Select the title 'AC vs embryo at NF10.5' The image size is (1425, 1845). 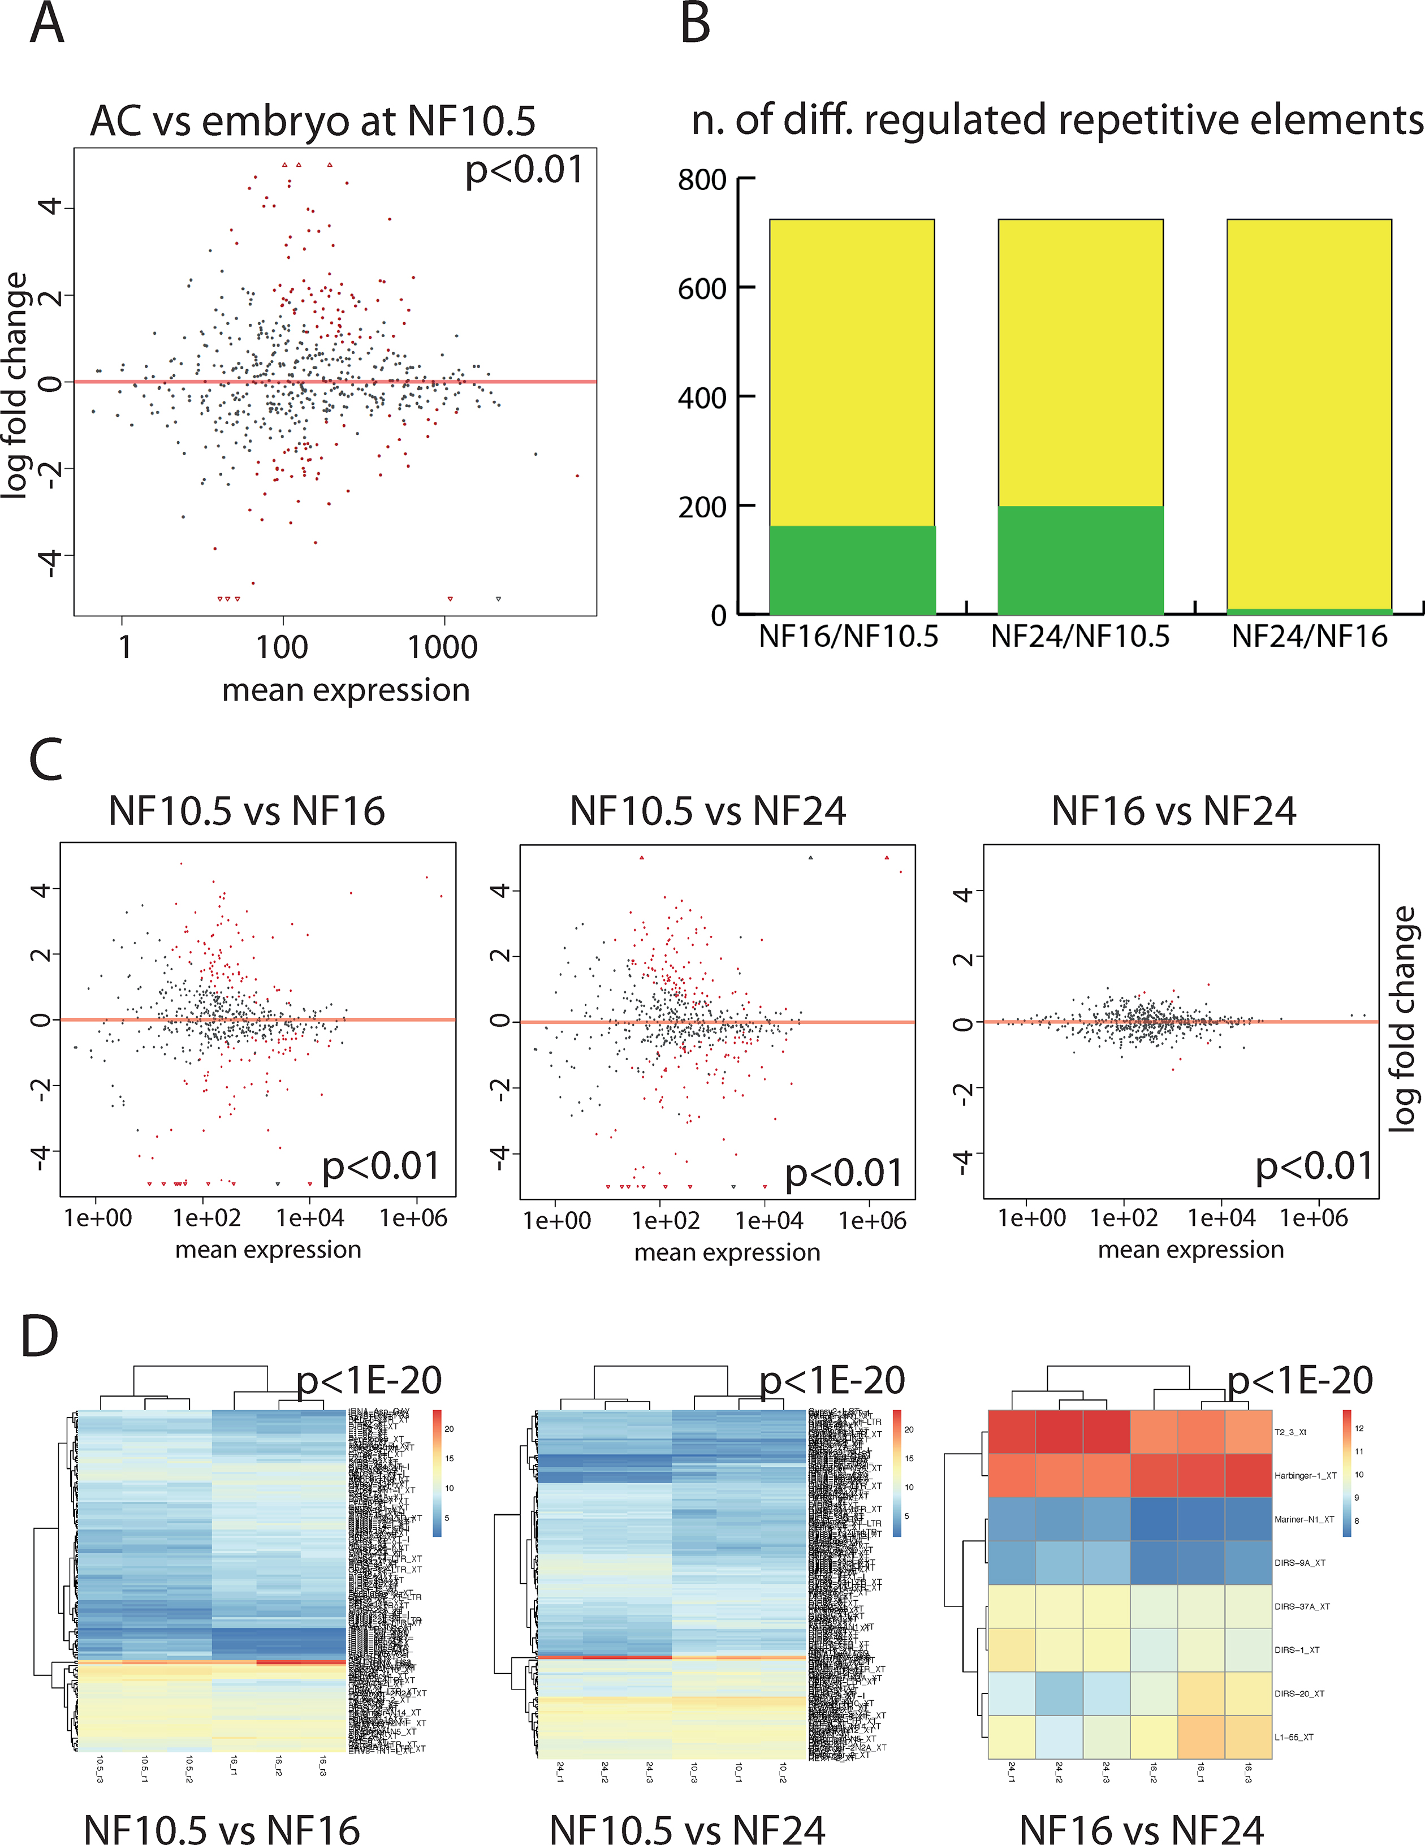point(313,121)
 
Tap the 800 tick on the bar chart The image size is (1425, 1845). point(702,180)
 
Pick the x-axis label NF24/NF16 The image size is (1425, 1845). point(1309,636)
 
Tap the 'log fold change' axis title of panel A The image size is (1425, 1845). point(15,385)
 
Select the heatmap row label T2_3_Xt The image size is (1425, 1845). point(1290,1432)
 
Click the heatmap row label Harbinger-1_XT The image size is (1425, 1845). point(1305,1476)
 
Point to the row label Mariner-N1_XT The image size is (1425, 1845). point(1304,1519)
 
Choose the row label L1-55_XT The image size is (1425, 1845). point(1294,1737)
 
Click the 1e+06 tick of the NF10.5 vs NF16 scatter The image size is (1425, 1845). point(413,1218)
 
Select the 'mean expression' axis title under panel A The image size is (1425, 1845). point(346,690)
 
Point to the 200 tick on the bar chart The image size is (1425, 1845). point(702,507)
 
